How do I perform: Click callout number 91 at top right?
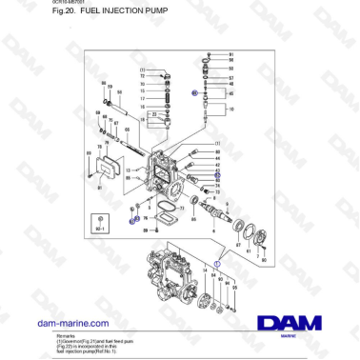click(230, 56)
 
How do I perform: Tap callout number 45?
click(230, 94)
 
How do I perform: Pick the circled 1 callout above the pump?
click(216, 261)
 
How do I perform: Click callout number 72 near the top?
click(143, 76)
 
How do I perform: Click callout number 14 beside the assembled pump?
click(204, 270)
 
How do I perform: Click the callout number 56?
click(230, 63)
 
